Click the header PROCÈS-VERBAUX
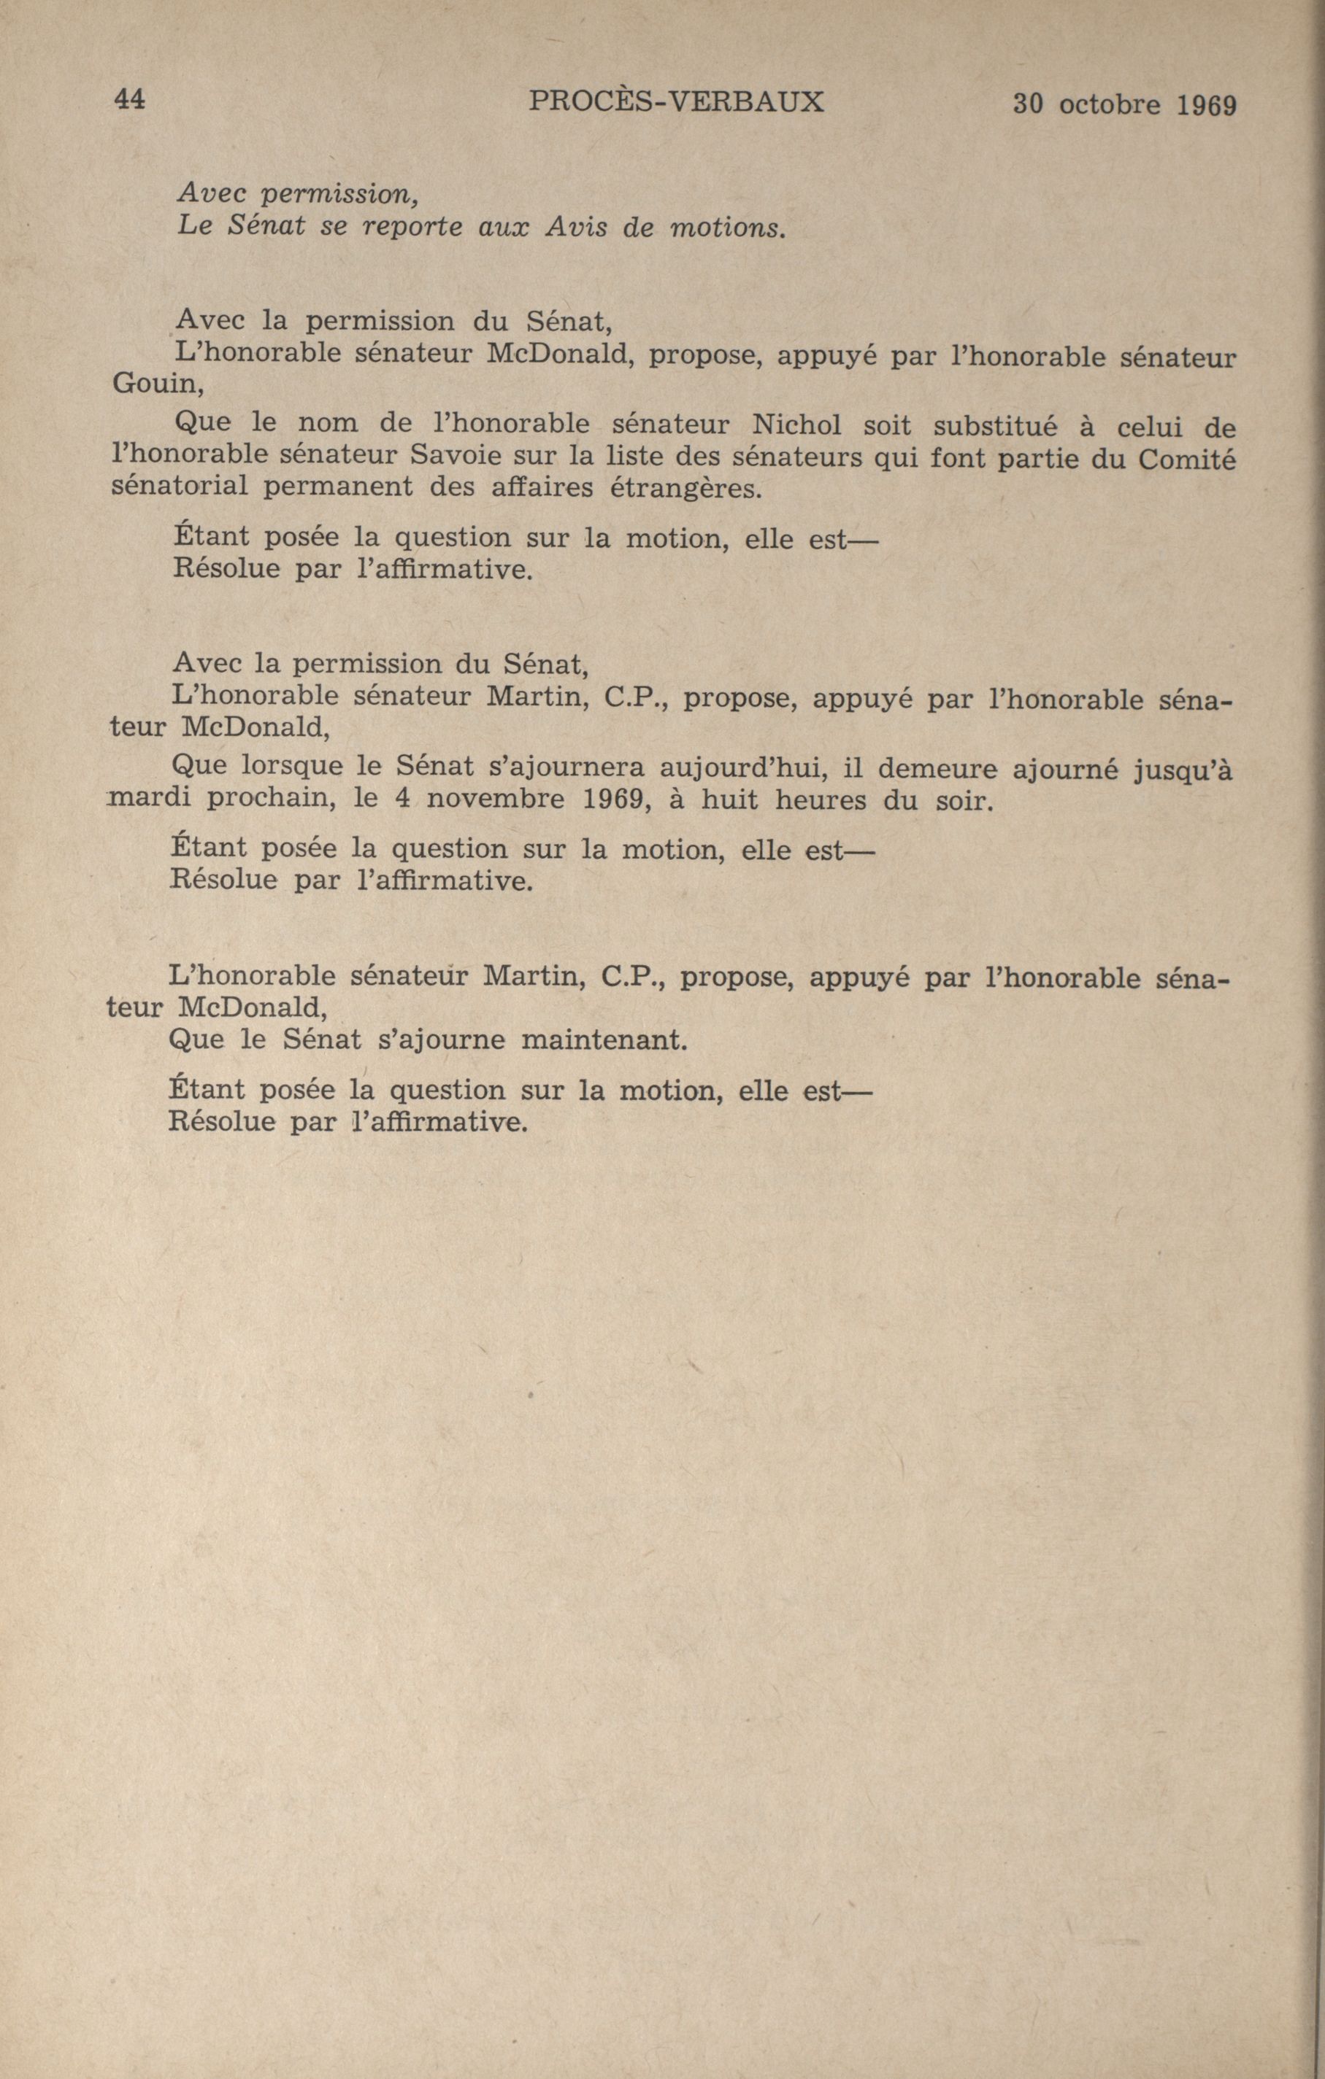pos(675,103)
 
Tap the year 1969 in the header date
pos(1206,105)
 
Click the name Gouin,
pos(158,385)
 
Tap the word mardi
pos(150,800)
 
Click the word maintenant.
pos(604,1040)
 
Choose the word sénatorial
pos(180,488)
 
